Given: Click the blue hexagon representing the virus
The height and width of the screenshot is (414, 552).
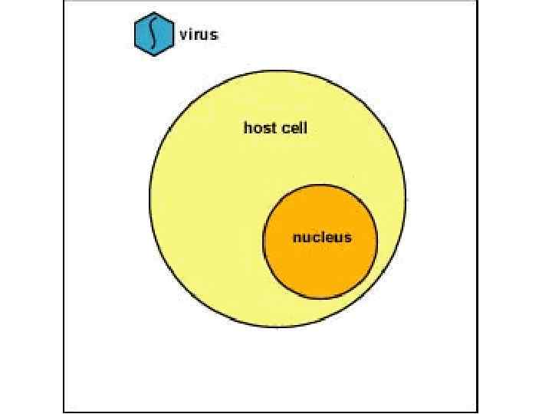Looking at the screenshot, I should [153, 34].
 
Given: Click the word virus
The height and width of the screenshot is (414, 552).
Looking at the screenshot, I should [199, 34].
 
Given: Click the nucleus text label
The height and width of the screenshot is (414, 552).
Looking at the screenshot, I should [321, 237].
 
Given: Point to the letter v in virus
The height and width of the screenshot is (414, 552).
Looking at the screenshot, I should [183, 35].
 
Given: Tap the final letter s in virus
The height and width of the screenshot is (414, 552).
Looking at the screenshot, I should [214, 35].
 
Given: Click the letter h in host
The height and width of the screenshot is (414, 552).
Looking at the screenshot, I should [248, 128].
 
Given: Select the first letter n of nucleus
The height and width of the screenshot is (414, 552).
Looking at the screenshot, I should [296, 238].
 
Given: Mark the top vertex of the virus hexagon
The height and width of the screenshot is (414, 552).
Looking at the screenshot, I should [153, 13].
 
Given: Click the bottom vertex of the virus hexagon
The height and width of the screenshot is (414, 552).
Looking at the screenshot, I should [153, 56].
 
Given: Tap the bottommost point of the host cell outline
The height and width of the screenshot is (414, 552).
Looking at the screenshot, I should [278, 328].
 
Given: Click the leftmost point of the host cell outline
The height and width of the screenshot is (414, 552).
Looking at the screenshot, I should [149, 200].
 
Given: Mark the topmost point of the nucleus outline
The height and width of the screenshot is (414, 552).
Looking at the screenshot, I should [320, 185].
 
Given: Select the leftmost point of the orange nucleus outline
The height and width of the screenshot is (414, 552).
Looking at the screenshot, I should [264, 242].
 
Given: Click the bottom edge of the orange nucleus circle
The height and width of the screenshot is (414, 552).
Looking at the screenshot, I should [320, 298].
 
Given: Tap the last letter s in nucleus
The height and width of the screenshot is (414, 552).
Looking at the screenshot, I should [348, 238].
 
